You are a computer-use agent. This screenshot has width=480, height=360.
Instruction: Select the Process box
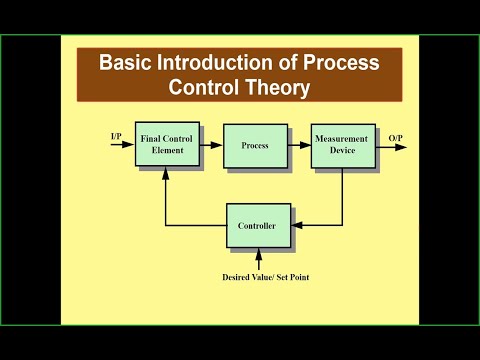255,146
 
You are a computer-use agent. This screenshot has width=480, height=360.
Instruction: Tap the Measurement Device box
342,146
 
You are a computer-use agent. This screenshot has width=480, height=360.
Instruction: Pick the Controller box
258,226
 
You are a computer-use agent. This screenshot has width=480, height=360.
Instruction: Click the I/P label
117,135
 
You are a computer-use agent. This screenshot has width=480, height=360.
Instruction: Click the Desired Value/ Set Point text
258,276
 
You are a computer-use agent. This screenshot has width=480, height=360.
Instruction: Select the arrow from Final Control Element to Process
211,146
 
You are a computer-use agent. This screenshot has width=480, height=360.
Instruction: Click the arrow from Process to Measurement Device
299,146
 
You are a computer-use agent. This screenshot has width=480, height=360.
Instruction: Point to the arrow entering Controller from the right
310,226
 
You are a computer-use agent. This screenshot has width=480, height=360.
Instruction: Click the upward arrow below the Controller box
258,257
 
